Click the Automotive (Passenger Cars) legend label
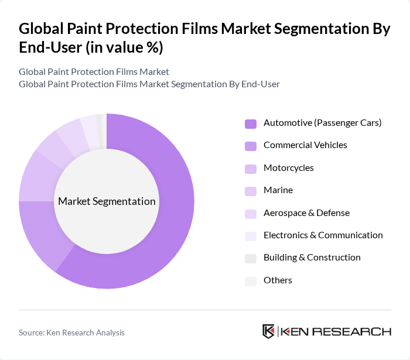pos(322,123)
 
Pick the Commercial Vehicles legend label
pos(305,145)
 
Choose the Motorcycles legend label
pos(288,168)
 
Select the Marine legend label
pos(278,190)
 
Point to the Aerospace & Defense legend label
pos(306,212)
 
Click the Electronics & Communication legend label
pos(323,235)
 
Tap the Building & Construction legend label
pos(312,258)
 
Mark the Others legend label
pos(278,280)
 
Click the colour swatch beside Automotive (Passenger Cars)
pos(251,124)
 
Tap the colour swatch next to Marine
pos(251,191)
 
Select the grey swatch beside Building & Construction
pos(251,258)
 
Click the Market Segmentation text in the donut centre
pos(107,201)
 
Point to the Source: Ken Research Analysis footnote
pos(71,332)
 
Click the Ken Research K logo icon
pos(269,331)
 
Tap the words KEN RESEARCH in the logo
pos(336,331)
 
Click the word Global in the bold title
pos(45,30)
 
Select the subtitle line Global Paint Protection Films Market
pos(94,72)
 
